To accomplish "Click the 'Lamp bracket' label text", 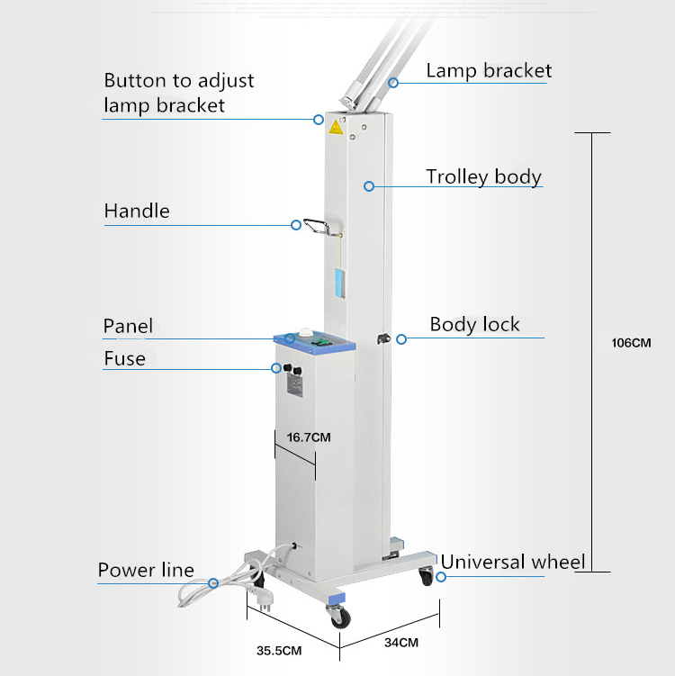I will (489, 70).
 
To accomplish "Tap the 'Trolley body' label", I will (483, 176).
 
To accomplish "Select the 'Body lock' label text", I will (474, 324).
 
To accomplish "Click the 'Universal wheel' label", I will (513, 563).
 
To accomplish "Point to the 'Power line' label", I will (146, 570).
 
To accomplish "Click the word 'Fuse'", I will (124, 358).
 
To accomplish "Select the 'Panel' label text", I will (128, 326).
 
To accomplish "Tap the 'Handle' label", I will (137, 212).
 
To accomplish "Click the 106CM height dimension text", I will (629, 343).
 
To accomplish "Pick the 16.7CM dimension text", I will (309, 437).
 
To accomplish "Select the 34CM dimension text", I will (401, 643).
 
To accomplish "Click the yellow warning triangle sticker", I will (336, 127).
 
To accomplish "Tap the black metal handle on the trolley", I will (315, 225).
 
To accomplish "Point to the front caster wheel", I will (340, 617).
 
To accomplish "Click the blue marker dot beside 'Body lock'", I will (401, 339).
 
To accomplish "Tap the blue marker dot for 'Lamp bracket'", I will (393, 83).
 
